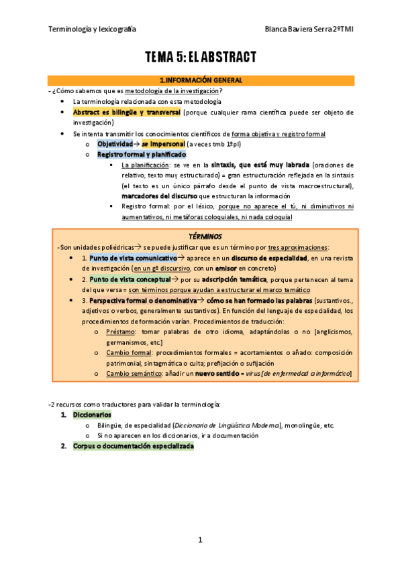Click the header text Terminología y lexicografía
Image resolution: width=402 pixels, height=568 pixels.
92,29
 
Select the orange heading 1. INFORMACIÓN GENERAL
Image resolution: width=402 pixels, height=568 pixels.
201,80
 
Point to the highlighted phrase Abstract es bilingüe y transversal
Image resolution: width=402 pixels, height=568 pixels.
126,112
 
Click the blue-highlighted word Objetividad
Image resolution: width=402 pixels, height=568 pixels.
115,143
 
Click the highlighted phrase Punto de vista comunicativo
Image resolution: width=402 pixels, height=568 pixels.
133,257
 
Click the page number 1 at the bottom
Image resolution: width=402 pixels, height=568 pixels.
200,539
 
